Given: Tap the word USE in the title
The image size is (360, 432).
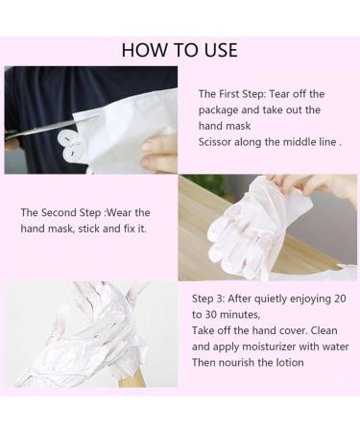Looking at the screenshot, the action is pos(221,51).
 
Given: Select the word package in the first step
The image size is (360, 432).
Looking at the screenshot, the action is pos(219,110).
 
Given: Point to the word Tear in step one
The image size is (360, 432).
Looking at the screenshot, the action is pos(279,94).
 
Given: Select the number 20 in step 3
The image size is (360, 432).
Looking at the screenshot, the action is pos(340,299).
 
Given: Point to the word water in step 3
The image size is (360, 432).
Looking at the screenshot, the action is pos(336,347).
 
